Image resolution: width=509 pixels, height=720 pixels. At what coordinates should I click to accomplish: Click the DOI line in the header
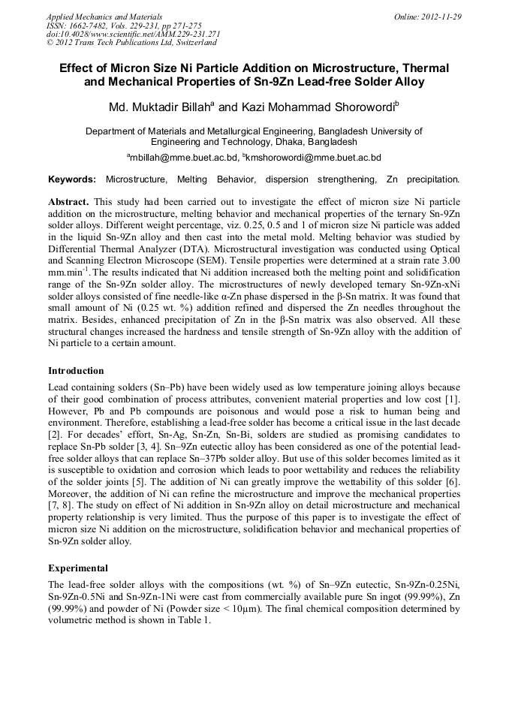coord(133,34)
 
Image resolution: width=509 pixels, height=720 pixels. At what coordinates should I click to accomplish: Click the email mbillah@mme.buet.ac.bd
coord(185,158)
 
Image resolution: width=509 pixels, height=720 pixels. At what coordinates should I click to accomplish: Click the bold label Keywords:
coord(72,179)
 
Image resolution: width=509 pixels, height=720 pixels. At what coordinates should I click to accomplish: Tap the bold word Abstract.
coord(68,203)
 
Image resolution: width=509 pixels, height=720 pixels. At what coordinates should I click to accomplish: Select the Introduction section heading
coord(76,371)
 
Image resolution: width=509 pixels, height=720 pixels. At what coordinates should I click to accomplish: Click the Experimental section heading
coord(78,568)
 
